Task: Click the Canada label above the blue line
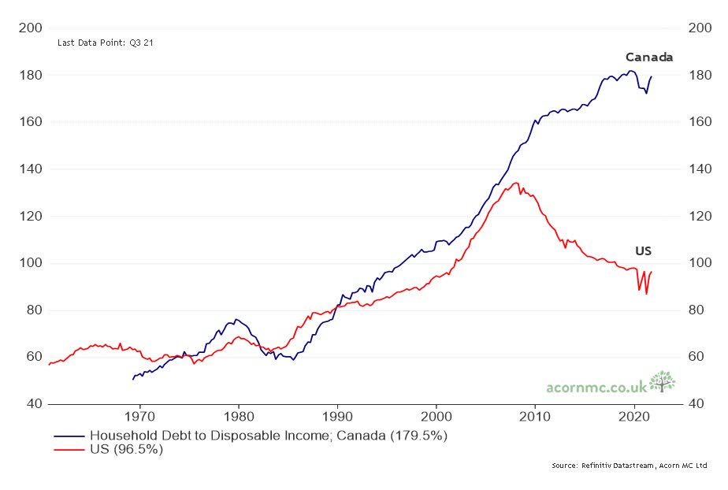pos(648,57)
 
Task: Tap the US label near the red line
pos(643,251)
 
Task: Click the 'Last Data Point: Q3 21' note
pos(105,43)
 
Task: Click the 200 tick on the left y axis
pos(29,28)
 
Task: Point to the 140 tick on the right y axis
pos(700,169)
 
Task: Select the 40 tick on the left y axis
pos(32,404)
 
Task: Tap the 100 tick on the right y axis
pos(700,263)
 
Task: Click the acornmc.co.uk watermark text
pos(596,387)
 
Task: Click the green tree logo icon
pos(663,381)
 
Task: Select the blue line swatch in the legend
pos(69,436)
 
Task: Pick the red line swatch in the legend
pos(69,450)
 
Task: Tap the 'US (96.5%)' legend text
pos(125,450)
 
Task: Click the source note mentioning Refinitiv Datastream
pos(629,466)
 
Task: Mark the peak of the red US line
pos(515,183)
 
